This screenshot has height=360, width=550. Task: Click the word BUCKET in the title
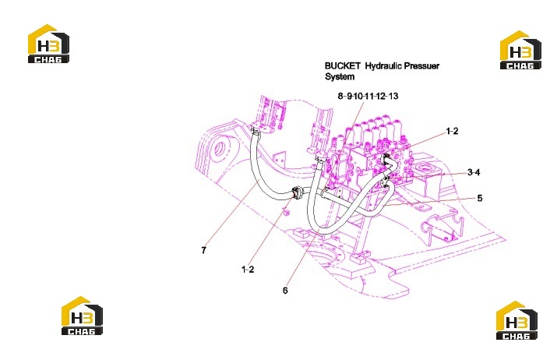click(342, 66)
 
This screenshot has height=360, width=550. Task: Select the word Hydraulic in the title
click(383, 66)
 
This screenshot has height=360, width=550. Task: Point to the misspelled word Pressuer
click(421, 66)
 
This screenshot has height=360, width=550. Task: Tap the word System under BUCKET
click(340, 77)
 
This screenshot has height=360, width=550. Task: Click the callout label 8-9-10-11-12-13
click(368, 96)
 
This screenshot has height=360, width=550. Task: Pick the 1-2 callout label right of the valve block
click(452, 131)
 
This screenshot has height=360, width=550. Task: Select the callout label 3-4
click(474, 172)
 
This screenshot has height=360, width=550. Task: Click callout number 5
click(479, 198)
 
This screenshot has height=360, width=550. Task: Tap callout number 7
click(204, 250)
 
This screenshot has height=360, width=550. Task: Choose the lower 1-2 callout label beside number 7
click(248, 270)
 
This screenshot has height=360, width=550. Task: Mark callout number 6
click(285, 291)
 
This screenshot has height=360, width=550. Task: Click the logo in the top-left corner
click(48, 44)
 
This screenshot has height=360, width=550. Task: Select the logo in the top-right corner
click(520, 50)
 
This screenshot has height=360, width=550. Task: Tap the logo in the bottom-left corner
click(82, 316)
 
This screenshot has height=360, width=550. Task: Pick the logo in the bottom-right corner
click(517, 320)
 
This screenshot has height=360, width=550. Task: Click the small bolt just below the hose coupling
click(287, 213)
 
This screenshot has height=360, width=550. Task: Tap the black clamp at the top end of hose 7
click(256, 132)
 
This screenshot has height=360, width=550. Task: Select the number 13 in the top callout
click(393, 96)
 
